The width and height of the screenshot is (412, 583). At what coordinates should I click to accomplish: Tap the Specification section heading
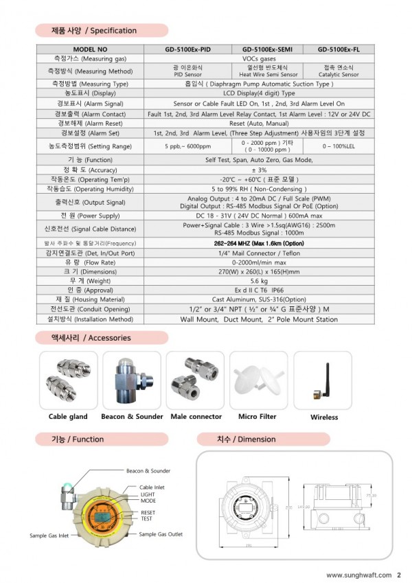[x=94, y=31]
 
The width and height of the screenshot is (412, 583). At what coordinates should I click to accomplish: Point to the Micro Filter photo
[x=257, y=380]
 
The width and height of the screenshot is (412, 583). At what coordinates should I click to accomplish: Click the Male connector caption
[x=196, y=416]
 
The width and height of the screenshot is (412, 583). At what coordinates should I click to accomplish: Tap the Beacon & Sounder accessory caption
[x=132, y=416]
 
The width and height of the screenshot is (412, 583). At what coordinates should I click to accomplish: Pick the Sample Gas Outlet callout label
[x=161, y=534]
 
